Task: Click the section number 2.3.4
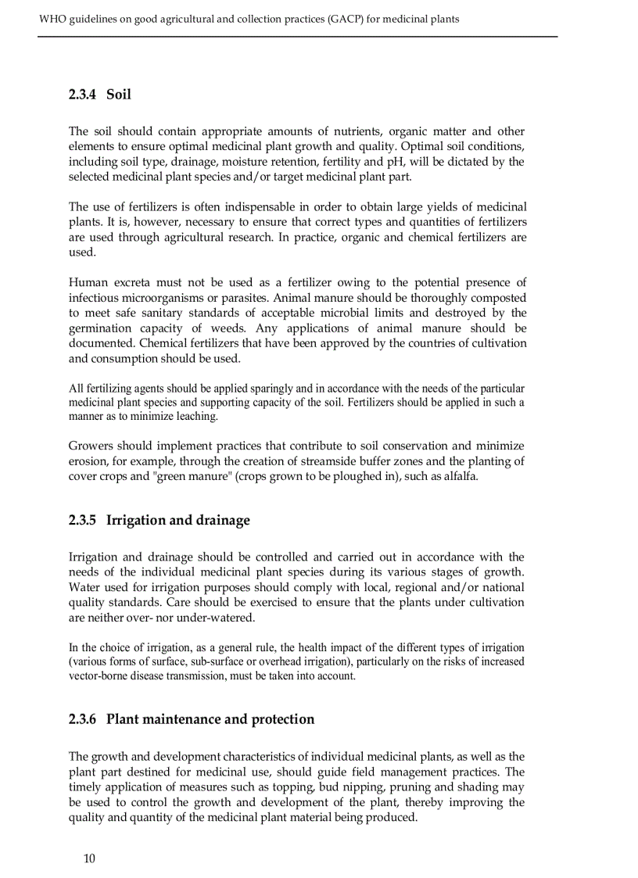82,95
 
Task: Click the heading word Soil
119,95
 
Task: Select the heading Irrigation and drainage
178,521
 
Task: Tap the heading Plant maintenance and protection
210,719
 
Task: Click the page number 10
89,858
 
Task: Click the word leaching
196,417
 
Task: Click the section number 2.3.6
82,719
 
